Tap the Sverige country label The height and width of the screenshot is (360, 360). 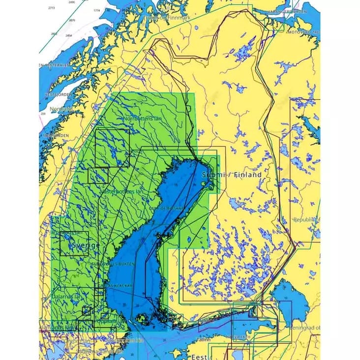click(x=86, y=245)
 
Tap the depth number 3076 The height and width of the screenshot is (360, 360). click(x=72, y=21)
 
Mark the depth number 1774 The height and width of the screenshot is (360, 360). click(x=96, y=10)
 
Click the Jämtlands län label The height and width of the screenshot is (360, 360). click(x=66, y=232)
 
